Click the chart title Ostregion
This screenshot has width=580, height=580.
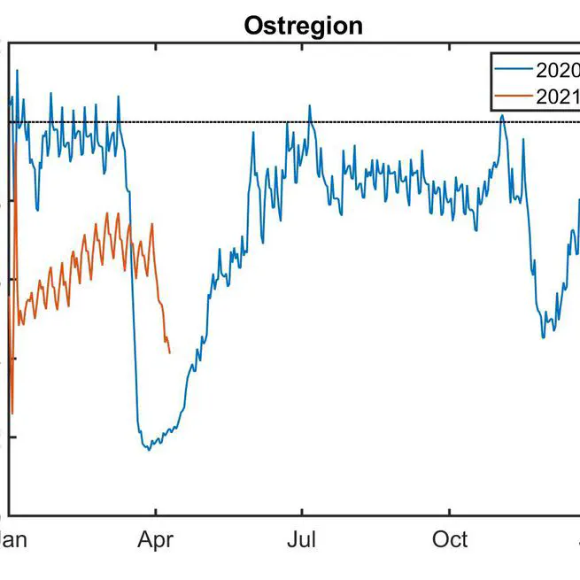coord(304,26)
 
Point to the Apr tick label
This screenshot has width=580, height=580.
coord(156,539)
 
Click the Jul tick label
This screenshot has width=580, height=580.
coord(303,539)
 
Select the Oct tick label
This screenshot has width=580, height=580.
coord(450,539)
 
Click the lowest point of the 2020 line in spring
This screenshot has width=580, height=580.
coord(149,450)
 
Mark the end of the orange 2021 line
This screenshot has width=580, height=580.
coord(169,352)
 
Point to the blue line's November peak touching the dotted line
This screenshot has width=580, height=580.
coord(502,115)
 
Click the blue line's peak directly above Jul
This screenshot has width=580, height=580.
coord(310,106)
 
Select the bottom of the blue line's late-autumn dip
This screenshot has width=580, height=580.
coord(544,337)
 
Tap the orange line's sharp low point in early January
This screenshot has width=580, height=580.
coord(12,413)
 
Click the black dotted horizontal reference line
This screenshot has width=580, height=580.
coord(398,122)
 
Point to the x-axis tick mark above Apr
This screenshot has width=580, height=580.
coord(156,511)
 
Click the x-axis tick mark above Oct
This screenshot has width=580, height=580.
coord(450,511)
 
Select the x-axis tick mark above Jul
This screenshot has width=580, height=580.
coord(303,511)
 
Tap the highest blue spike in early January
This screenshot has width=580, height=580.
coord(17,70)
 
